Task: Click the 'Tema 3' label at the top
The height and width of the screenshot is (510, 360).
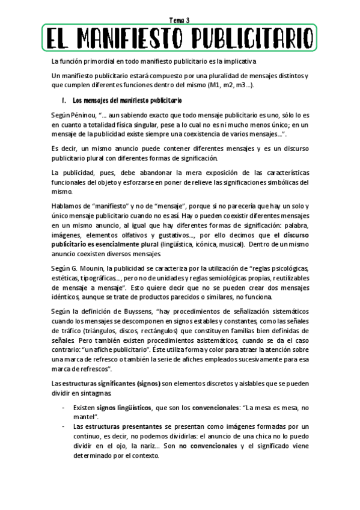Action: [x=180, y=20]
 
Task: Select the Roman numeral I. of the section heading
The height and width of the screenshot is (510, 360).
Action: [x=63, y=99]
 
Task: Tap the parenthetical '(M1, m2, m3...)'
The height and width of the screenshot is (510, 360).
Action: [x=230, y=85]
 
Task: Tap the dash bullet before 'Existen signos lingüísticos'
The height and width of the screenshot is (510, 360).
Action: [x=64, y=408]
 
